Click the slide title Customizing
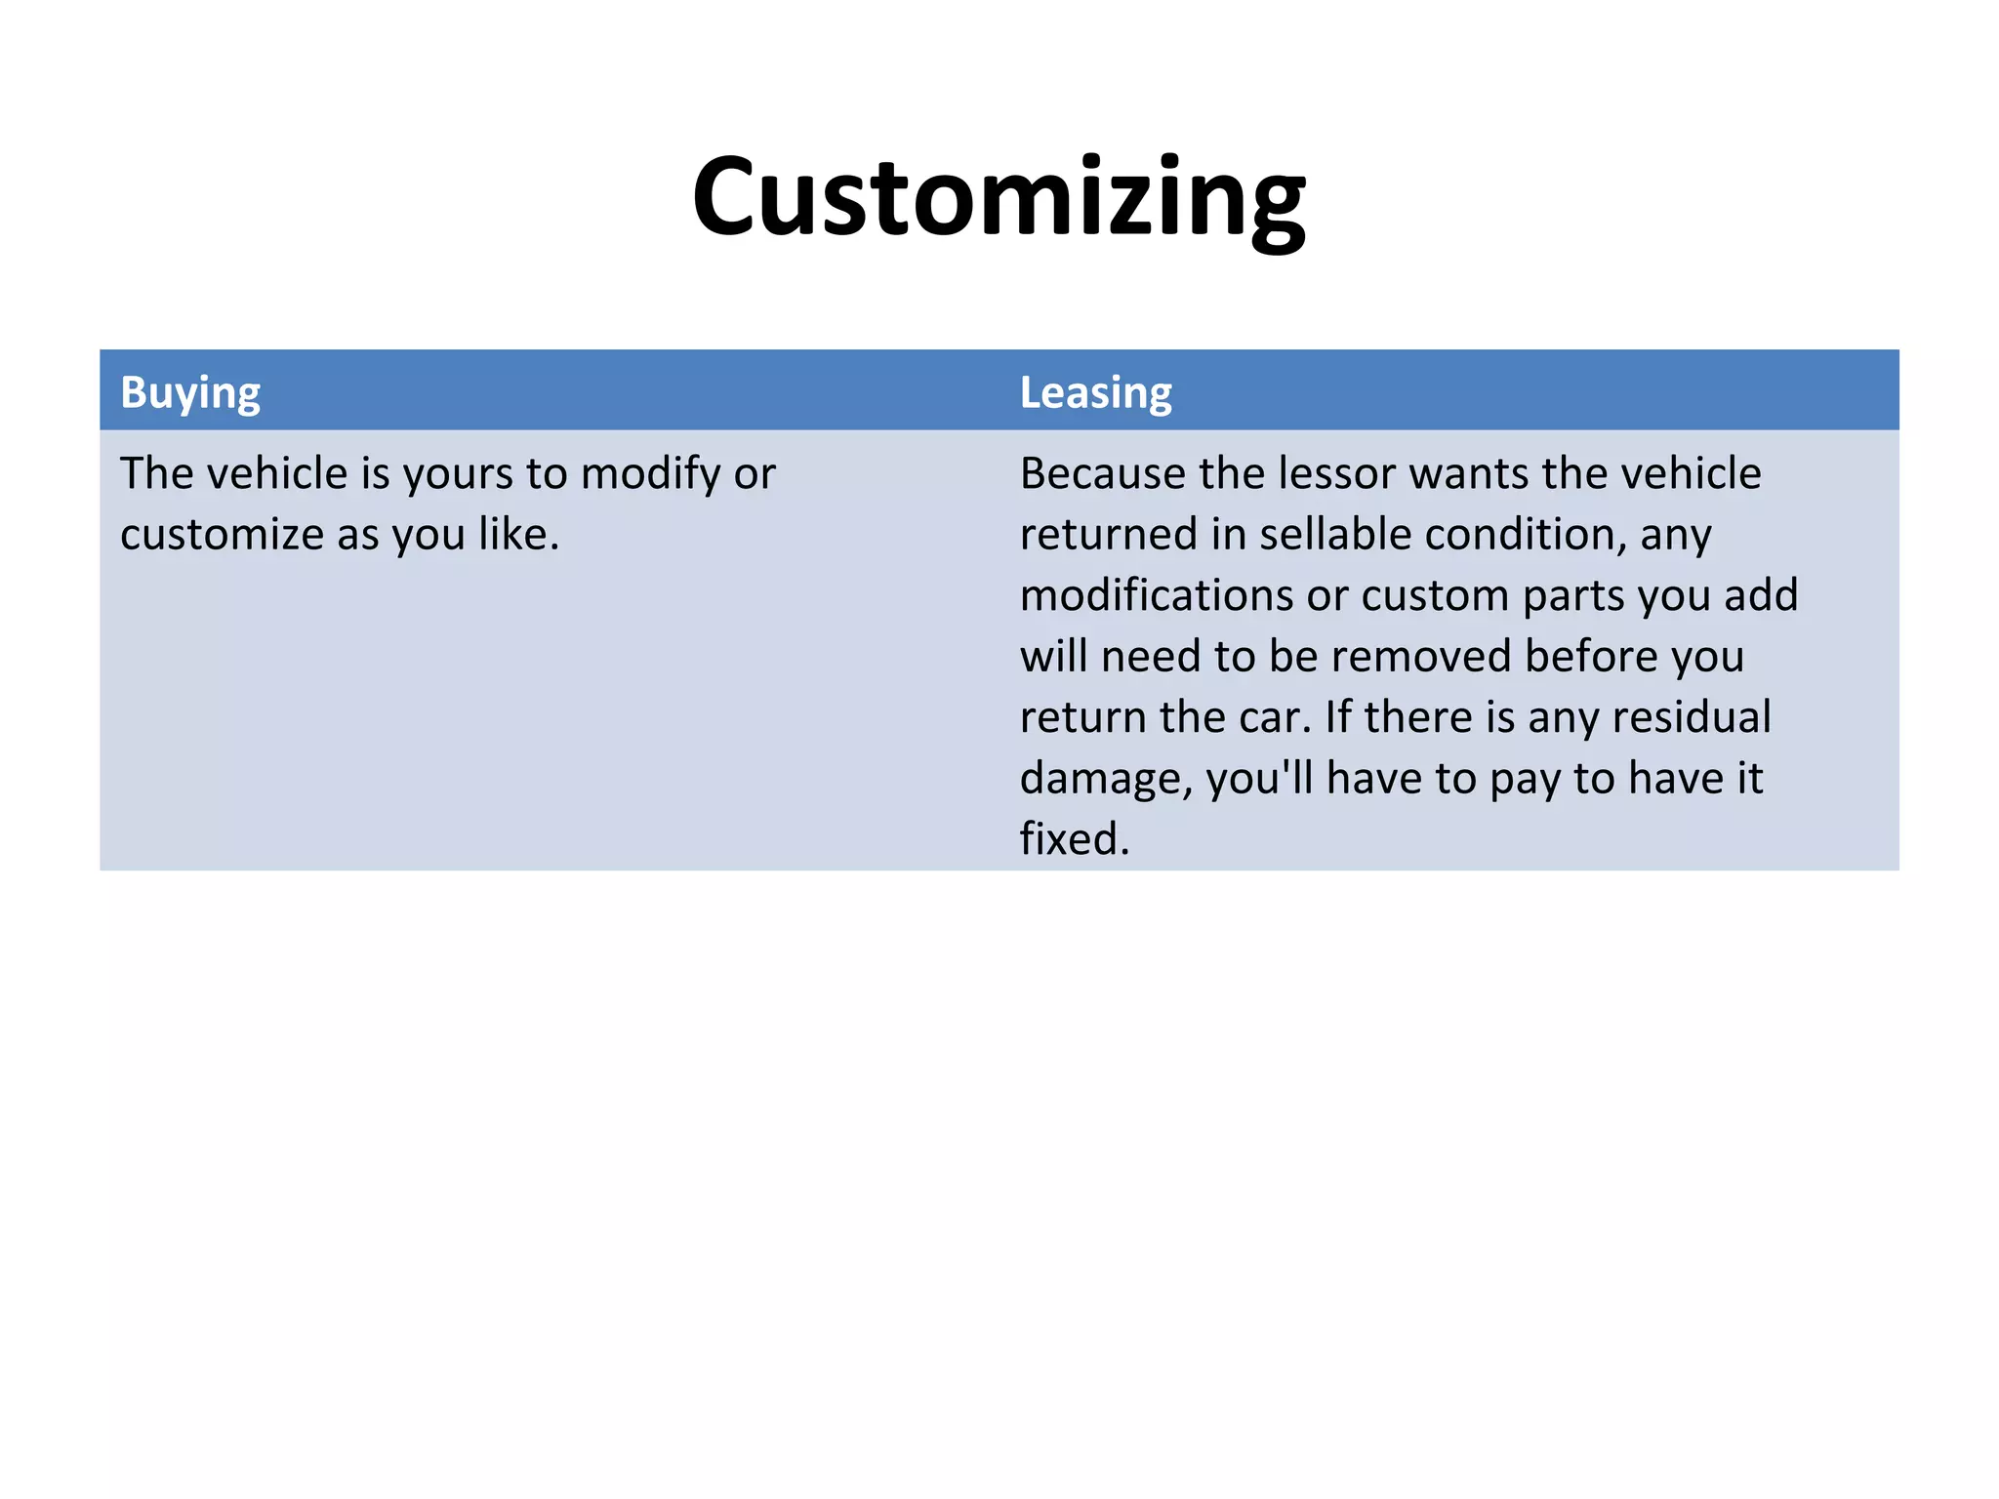999,199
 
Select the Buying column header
190,392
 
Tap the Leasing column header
1095,392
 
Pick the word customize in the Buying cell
221,535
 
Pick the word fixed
1073,839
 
